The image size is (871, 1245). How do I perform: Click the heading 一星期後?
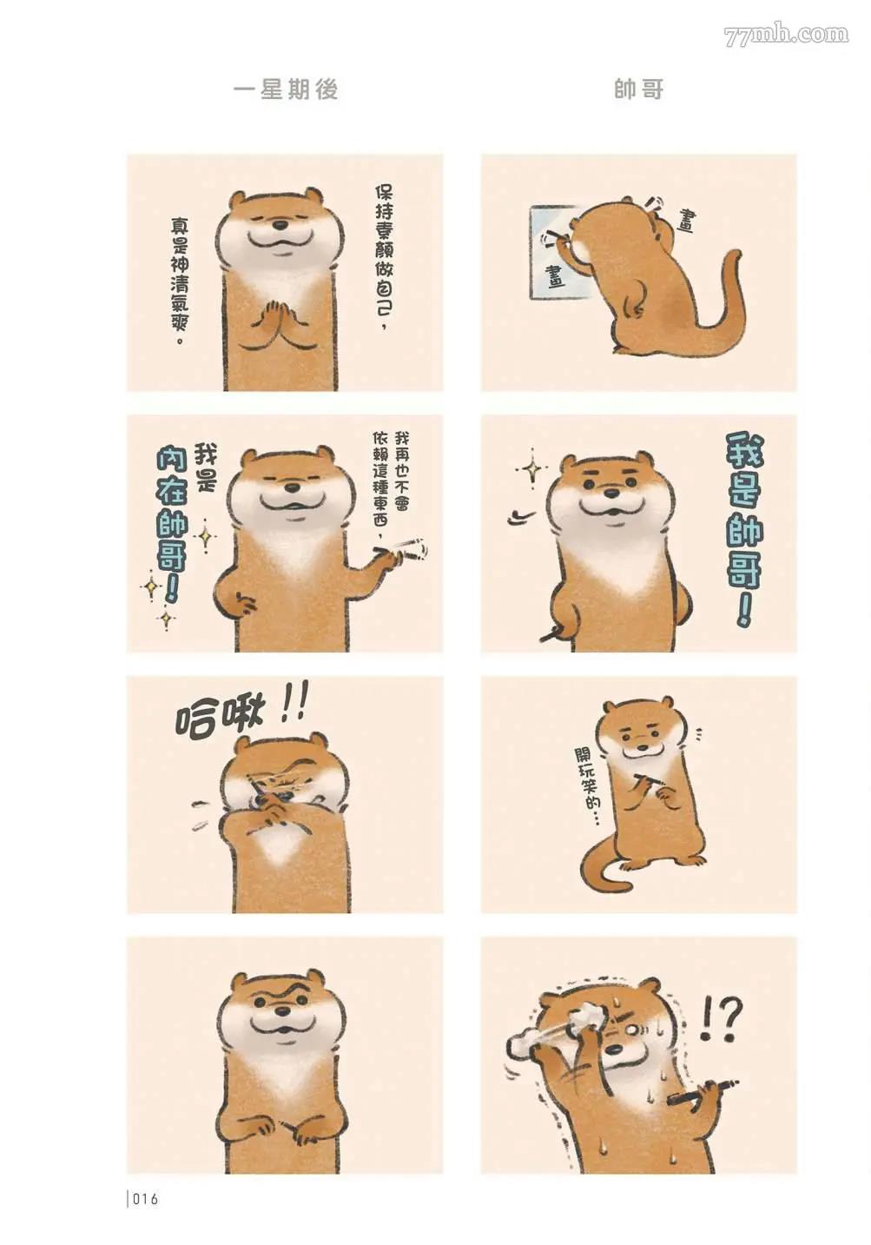(286, 89)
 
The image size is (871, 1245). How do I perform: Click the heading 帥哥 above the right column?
(639, 89)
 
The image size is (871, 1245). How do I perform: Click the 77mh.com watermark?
(787, 36)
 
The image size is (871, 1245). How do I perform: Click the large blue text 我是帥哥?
(744, 530)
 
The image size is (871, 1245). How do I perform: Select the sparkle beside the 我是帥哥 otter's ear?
(532, 470)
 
